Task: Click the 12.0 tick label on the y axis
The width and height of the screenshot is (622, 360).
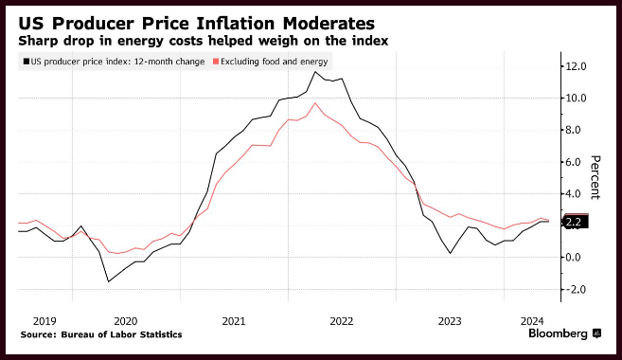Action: (x=576, y=66)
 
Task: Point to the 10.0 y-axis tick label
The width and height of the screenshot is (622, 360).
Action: (x=576, y=98)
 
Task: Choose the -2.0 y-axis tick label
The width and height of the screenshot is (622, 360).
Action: (x=576, y=289)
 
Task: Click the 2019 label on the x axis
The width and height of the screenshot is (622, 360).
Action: (x=44, y=321)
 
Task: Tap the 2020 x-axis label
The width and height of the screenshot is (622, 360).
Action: (x=125, y=321)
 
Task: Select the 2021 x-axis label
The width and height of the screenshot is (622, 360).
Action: (x=234, y=321)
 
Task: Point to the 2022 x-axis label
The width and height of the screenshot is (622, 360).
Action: (x=342, y=321)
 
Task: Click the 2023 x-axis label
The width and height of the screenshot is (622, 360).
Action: (x=450, y=321)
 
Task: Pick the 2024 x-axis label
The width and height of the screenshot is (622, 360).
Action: (x=532, y=321)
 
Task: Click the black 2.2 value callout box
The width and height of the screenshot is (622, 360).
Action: (x=576, y=222)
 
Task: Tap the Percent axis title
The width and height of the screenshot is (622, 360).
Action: (x=595, y=177)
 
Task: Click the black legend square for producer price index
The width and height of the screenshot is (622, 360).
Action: (x=27, y=62)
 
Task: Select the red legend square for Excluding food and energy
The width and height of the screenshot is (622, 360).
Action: (x=216, y=62)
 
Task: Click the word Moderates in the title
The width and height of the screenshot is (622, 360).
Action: (x=329, y=24)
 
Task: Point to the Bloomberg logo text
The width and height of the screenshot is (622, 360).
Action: (x=558, y=333)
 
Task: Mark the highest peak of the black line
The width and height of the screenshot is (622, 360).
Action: (x=315, y=72)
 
